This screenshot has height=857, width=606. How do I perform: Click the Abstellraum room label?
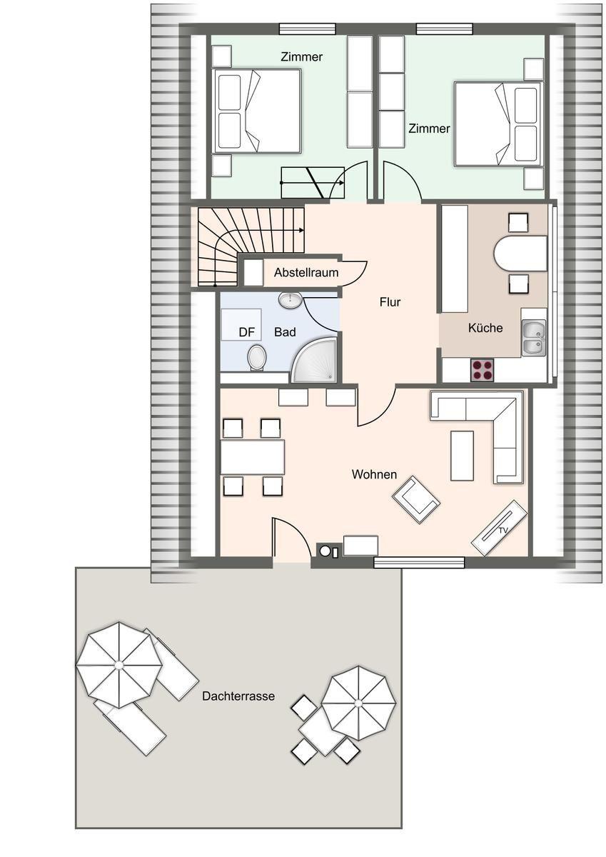pos(306,272)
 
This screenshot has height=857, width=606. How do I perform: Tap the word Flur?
pos(390,302)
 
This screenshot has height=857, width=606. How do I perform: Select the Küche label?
pos(485,328)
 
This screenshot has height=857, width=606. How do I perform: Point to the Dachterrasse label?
pos(238,696)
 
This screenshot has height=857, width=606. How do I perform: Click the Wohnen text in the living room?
pos(374,474)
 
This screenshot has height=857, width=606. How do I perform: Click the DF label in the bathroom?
pos(246,332)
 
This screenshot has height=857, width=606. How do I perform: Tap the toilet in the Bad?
pos(256,357)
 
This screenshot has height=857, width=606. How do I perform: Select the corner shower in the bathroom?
pos(314,360)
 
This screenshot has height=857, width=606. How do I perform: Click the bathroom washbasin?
pos(291,299)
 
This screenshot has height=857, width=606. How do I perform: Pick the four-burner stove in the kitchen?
pos(482,370)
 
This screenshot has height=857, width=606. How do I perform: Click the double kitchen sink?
pos(534,339)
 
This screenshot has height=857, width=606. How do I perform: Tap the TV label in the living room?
pos(503,530)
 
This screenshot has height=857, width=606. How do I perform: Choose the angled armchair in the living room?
pos(416,500)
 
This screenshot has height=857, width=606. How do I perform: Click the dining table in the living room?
pos(253,457)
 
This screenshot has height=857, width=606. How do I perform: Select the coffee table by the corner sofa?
pos(463,456)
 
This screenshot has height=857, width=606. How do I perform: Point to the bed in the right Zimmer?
pos(498,124)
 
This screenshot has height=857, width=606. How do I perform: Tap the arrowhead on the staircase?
pos(302,230)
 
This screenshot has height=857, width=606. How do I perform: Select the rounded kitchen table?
pos(520,254)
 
